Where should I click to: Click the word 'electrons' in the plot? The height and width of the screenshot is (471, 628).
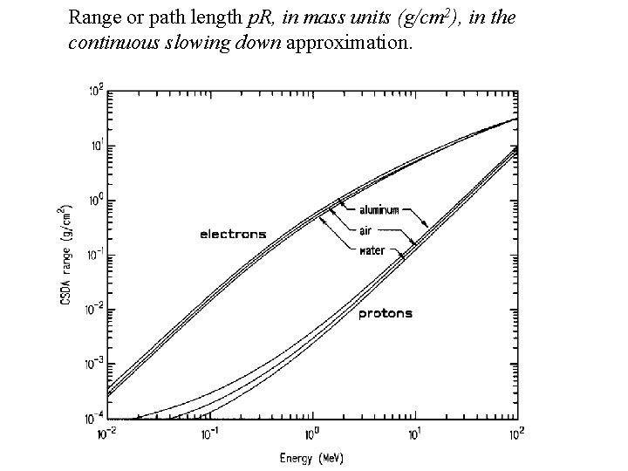pyautogui.click(x=233, y=234)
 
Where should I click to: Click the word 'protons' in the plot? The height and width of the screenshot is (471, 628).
pyautogui.click(x=386, y=313)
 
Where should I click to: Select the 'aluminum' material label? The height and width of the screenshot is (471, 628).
pyautogui.click(x=380, y=210)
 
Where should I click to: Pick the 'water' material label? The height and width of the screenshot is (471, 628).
pyautogui.click(x=372, y=251)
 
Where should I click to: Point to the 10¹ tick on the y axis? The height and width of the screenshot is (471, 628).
pyautogui.click(x=95, y=145)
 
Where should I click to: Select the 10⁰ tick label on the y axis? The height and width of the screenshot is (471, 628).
pyautogui.click(x=95, y=200)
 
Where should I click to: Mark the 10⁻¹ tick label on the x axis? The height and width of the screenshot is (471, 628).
pyautogui.click(x=208, y=432)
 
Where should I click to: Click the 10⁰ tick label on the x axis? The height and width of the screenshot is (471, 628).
pyautogui.click(x=312, y=432)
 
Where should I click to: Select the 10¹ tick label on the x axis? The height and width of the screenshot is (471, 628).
pyautogui.click(x=416, y=432)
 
